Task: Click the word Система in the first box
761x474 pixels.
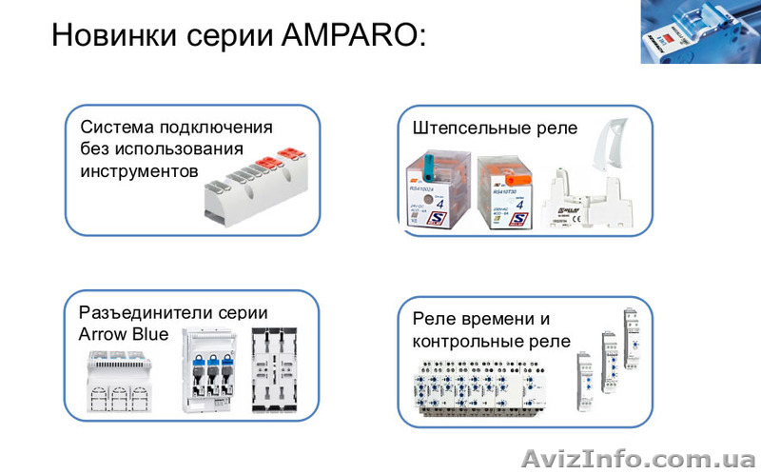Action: point(122,128)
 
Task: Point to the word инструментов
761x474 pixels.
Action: point(139,171)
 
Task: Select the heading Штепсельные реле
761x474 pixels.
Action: point(495,128)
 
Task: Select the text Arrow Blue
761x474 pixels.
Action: point(124,334)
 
